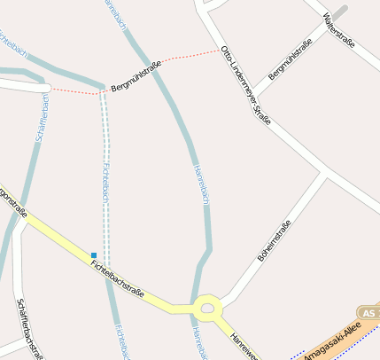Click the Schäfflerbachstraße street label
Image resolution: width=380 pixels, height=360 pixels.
(29, 328)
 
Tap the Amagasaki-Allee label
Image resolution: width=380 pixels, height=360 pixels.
(332, 341)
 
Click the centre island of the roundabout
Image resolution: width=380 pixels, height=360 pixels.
(208, 309)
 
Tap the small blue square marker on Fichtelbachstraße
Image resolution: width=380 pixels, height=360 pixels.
(94, 255)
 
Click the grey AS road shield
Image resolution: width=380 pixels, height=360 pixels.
(369, 313)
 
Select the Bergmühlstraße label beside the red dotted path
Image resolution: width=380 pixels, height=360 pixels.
(136, 77)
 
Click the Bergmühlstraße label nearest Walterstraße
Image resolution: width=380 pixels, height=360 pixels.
(291, 60)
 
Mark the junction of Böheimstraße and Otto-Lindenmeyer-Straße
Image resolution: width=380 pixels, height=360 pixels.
(325, 175)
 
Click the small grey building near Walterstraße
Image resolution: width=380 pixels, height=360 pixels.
(339, 12)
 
